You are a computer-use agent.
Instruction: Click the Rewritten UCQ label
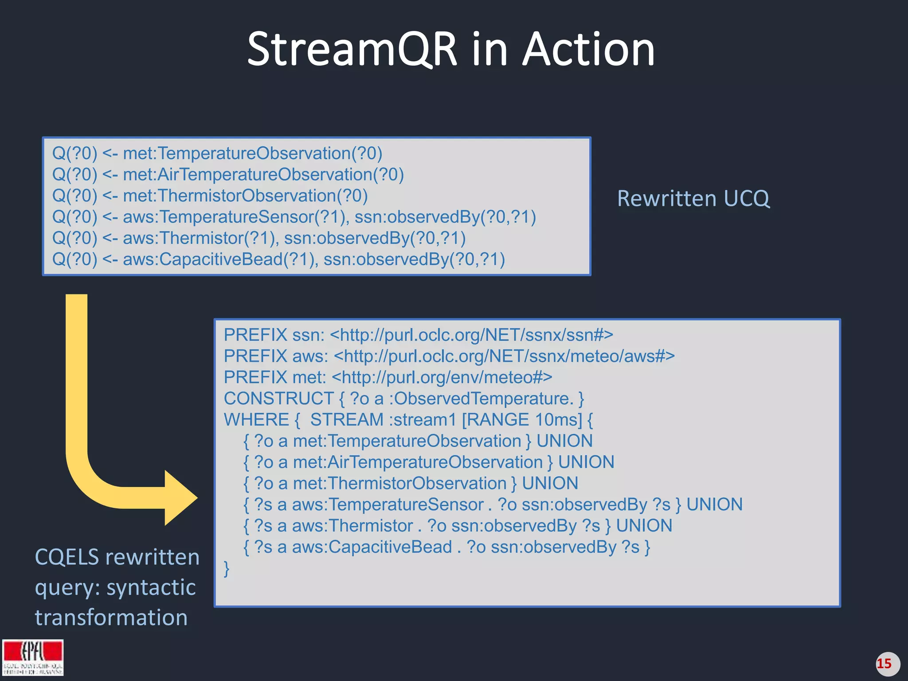(693, 199)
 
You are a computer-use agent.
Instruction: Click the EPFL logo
(33, 657)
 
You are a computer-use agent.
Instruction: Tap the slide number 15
(884, 664)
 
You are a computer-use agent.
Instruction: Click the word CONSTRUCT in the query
(278, 399)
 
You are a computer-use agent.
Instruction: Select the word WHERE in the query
(256, 420)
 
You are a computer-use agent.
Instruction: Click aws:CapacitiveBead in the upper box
(220, 259)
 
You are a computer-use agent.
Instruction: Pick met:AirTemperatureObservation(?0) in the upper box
(263, 175)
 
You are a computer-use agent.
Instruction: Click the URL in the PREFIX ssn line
(471, 335)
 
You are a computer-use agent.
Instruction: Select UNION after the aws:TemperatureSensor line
(714, 505)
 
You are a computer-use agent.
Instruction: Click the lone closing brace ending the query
(227, 568)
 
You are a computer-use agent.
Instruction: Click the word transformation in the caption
(111, 618)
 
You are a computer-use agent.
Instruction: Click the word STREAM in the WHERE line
(347, 420)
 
